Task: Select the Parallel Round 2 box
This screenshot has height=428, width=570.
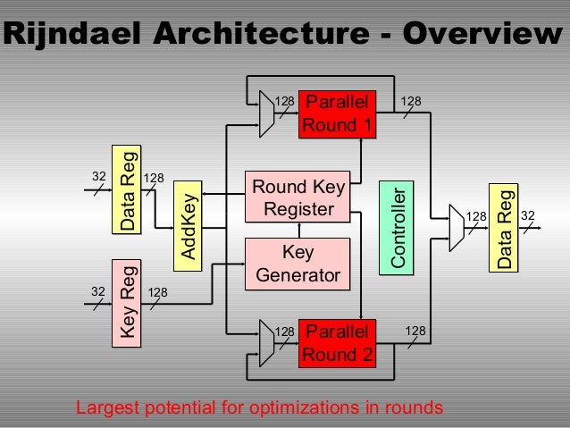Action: (x=337, y=343)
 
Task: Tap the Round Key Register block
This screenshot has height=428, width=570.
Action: (x=298, y=197)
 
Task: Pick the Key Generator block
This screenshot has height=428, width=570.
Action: (x=298, y=263)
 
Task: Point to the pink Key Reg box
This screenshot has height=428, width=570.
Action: (x=129, y=301)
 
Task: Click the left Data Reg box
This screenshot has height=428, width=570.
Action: (x=128, y=189)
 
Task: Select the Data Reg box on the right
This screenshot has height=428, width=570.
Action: (x=505, y=227)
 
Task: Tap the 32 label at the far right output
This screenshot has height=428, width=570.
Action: (x=528, y=215)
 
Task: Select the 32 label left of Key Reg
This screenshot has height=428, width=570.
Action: (x=97, y=291)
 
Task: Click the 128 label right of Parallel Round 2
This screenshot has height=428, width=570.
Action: (x=415, y=331)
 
